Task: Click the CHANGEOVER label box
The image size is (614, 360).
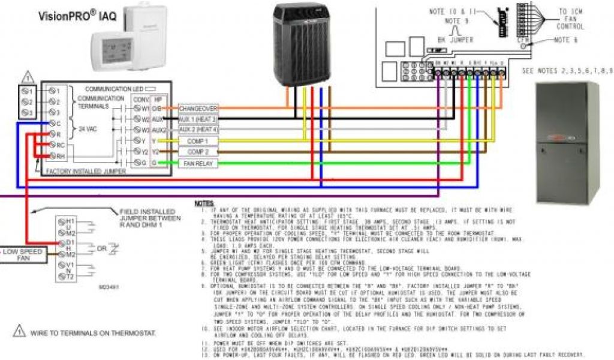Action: pos(198,108)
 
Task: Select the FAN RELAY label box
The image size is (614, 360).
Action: pos(198,163)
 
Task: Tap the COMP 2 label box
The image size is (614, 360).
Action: pos(198,152)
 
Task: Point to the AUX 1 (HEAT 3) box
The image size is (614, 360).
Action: pos(198,119)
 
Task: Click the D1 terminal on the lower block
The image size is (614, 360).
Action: pos(64,242)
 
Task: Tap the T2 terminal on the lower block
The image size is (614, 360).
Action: pos(64,276)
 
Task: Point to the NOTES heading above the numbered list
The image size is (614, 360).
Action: pos(204,205)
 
